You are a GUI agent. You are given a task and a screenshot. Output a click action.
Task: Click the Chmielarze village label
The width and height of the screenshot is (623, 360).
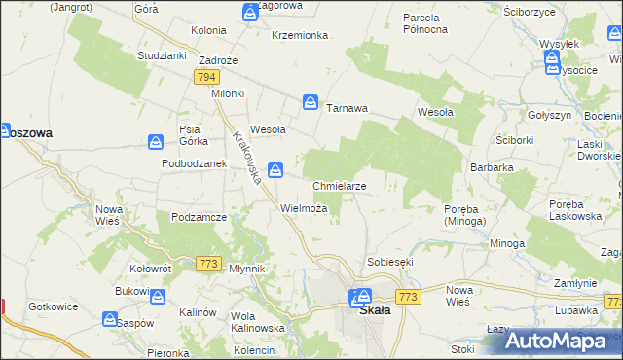(339, 185)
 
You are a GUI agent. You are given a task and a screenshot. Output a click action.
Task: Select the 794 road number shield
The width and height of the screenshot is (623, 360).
(205, 76)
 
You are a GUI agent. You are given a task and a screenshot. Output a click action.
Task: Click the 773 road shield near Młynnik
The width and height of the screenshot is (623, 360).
(207, 264)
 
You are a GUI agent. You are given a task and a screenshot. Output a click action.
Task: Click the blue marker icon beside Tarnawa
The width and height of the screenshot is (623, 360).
(310, 101)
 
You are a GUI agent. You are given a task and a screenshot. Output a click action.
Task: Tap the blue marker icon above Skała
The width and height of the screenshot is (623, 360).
(362, 296)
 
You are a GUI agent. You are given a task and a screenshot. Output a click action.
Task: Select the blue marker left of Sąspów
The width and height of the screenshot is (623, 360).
(110, 319)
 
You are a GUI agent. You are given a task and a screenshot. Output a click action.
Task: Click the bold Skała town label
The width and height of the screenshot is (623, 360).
(375, 311)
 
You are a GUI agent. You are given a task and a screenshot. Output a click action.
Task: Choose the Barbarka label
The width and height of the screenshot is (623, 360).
(492, 167)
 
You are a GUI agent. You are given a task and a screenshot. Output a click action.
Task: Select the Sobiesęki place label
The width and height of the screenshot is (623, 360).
(391, 263)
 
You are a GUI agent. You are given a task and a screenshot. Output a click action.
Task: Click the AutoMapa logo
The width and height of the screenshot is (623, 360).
(561, 340)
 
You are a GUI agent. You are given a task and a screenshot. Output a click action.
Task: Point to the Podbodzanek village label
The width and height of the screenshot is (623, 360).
(194, 163)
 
